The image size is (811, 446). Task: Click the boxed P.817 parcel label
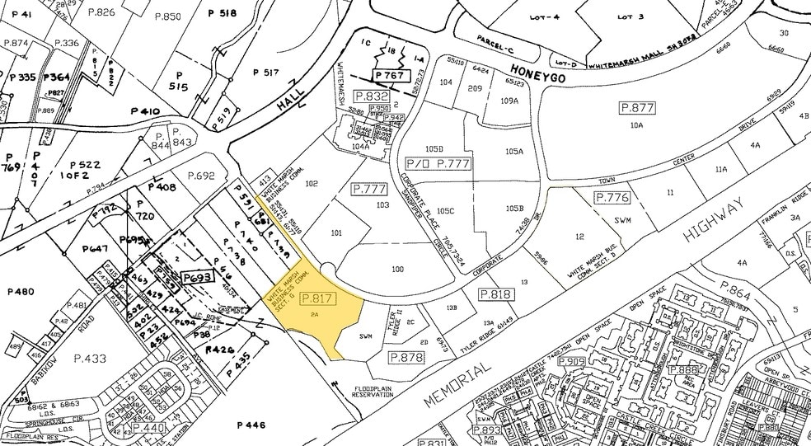tap(316, 298)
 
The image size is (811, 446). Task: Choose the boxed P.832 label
tap(372, 96)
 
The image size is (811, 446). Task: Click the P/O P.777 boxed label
tap(446, 163)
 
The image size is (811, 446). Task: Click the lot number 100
tap(398, 270)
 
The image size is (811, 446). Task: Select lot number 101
tap(336, 233)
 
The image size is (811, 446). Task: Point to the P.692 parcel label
tap(200, 176)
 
